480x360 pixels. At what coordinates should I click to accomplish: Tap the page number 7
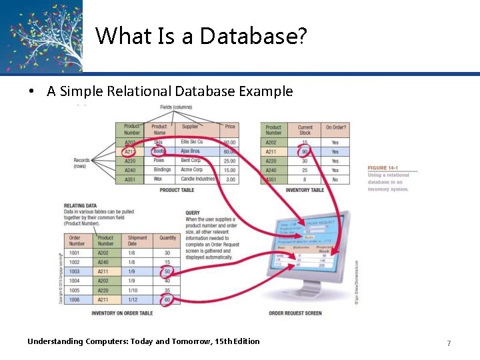tap(449, 343)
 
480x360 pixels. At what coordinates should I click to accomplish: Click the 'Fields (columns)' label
tap(176, 107)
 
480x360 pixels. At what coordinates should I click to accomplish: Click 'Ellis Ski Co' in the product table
tap(192, 142)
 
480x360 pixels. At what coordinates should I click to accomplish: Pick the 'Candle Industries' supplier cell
tap(197, 179)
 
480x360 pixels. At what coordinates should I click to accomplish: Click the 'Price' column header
tap(230, 127)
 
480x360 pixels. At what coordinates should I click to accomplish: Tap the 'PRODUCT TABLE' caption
tap(177, 191)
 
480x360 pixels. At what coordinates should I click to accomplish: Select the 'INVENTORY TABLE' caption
tap(305, 191)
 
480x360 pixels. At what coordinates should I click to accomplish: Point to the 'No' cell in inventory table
tap(335, 179)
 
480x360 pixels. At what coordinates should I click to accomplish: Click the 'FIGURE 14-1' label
tap(387, 167)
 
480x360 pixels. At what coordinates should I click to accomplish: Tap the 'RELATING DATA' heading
tap(81, 206)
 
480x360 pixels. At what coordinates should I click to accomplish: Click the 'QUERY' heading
tap(193, 213)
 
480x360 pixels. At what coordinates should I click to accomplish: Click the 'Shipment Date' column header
tap(137, 240)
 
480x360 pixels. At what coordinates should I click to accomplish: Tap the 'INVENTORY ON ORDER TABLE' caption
tap(122, 313)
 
